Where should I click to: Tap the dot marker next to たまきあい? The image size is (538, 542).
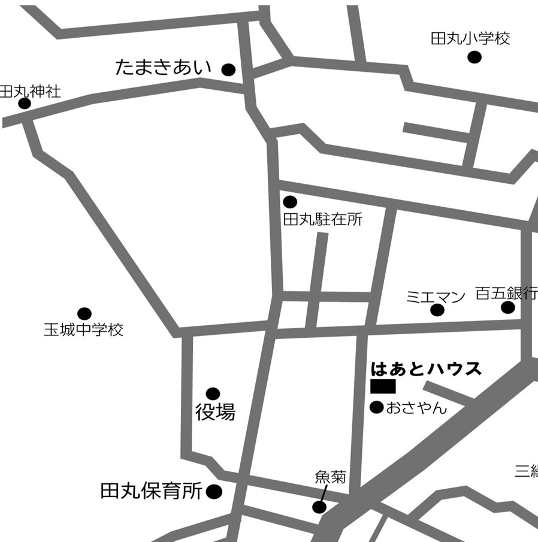[228, 70]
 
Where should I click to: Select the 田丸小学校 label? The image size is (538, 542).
[470, 39]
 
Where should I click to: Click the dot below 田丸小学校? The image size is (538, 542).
[474, 57]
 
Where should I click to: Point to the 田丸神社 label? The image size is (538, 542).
[30, 92]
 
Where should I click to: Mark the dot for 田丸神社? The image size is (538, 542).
[25, 104]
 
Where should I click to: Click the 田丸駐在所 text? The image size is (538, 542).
[323, 220]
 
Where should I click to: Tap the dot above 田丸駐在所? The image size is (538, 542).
[290, 202]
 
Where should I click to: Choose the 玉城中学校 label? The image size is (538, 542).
[83, 329]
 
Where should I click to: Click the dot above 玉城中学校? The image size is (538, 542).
[84, 314]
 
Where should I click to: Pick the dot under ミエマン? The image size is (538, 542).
[437, 310]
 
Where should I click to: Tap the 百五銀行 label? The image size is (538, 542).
[506, 293]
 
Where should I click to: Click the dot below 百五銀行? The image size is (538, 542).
[508, 308]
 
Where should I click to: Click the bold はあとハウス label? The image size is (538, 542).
[426, 368]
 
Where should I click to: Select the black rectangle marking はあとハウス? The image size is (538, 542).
[383, 386]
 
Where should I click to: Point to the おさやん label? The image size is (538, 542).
[416, 408]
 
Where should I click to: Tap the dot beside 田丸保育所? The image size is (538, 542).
[214, 492]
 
